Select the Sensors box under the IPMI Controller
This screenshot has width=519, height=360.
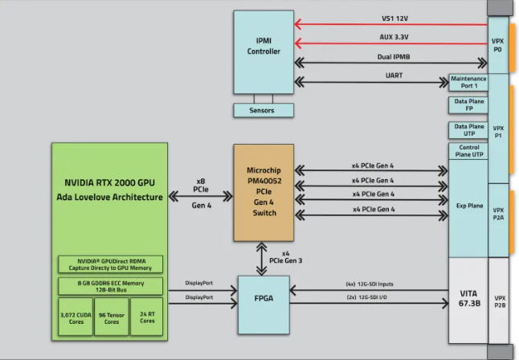tap(262, 110)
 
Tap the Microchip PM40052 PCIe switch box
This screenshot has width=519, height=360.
tap(264, 192)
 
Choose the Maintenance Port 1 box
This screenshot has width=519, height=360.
tap(468, 82)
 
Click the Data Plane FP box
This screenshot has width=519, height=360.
tap(468, 105)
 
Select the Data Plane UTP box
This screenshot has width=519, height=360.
tap(468, 129)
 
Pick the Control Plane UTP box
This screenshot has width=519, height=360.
tap(468, 150)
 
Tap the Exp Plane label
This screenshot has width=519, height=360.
tap(468, 206)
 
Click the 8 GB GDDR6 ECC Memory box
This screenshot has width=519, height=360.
tap(110, 285)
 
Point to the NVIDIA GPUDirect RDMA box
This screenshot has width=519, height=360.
tap(110, 264)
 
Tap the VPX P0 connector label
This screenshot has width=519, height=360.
tap(498, 45)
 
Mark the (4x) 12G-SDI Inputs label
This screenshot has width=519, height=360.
tap(370, 284)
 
